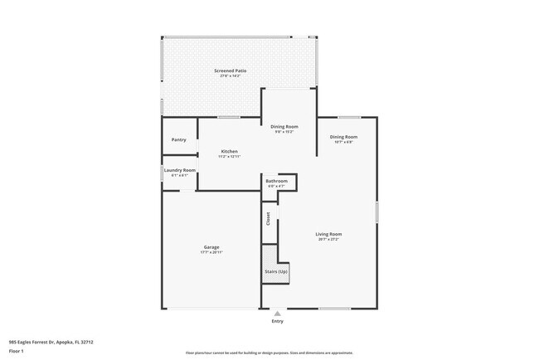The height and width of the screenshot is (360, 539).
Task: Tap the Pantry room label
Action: click(x=178, y=139)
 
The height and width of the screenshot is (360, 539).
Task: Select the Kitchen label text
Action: click(x=230, y=151)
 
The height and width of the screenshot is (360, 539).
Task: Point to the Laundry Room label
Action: click(x=180, y=170)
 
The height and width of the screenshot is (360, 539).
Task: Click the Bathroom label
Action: click(x=276, y=181)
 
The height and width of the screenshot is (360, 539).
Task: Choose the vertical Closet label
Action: click(x=269, y=219)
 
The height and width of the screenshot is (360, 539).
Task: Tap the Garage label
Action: click(x=211, y=247)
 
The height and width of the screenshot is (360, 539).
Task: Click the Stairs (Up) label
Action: click(x=276, y=272)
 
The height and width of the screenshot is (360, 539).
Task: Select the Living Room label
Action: click(x=328, y=234)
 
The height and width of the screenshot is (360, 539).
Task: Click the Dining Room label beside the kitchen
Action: click(x=284, y=126)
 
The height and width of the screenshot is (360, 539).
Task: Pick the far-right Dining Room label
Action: click(x=343, y=137)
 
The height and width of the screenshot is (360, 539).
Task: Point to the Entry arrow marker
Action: click(x=277, y=314)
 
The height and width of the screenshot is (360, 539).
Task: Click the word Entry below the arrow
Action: click(x=277, y=321)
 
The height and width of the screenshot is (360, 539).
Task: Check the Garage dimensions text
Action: click(x=211, y=252)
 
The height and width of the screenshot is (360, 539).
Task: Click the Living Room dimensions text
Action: click(x=328, y=239)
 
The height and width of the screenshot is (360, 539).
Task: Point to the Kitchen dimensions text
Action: click(x=230, y=156)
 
